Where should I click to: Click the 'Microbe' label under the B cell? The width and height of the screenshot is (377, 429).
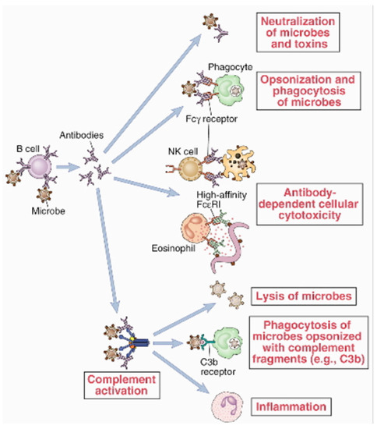tap(44, 211)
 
